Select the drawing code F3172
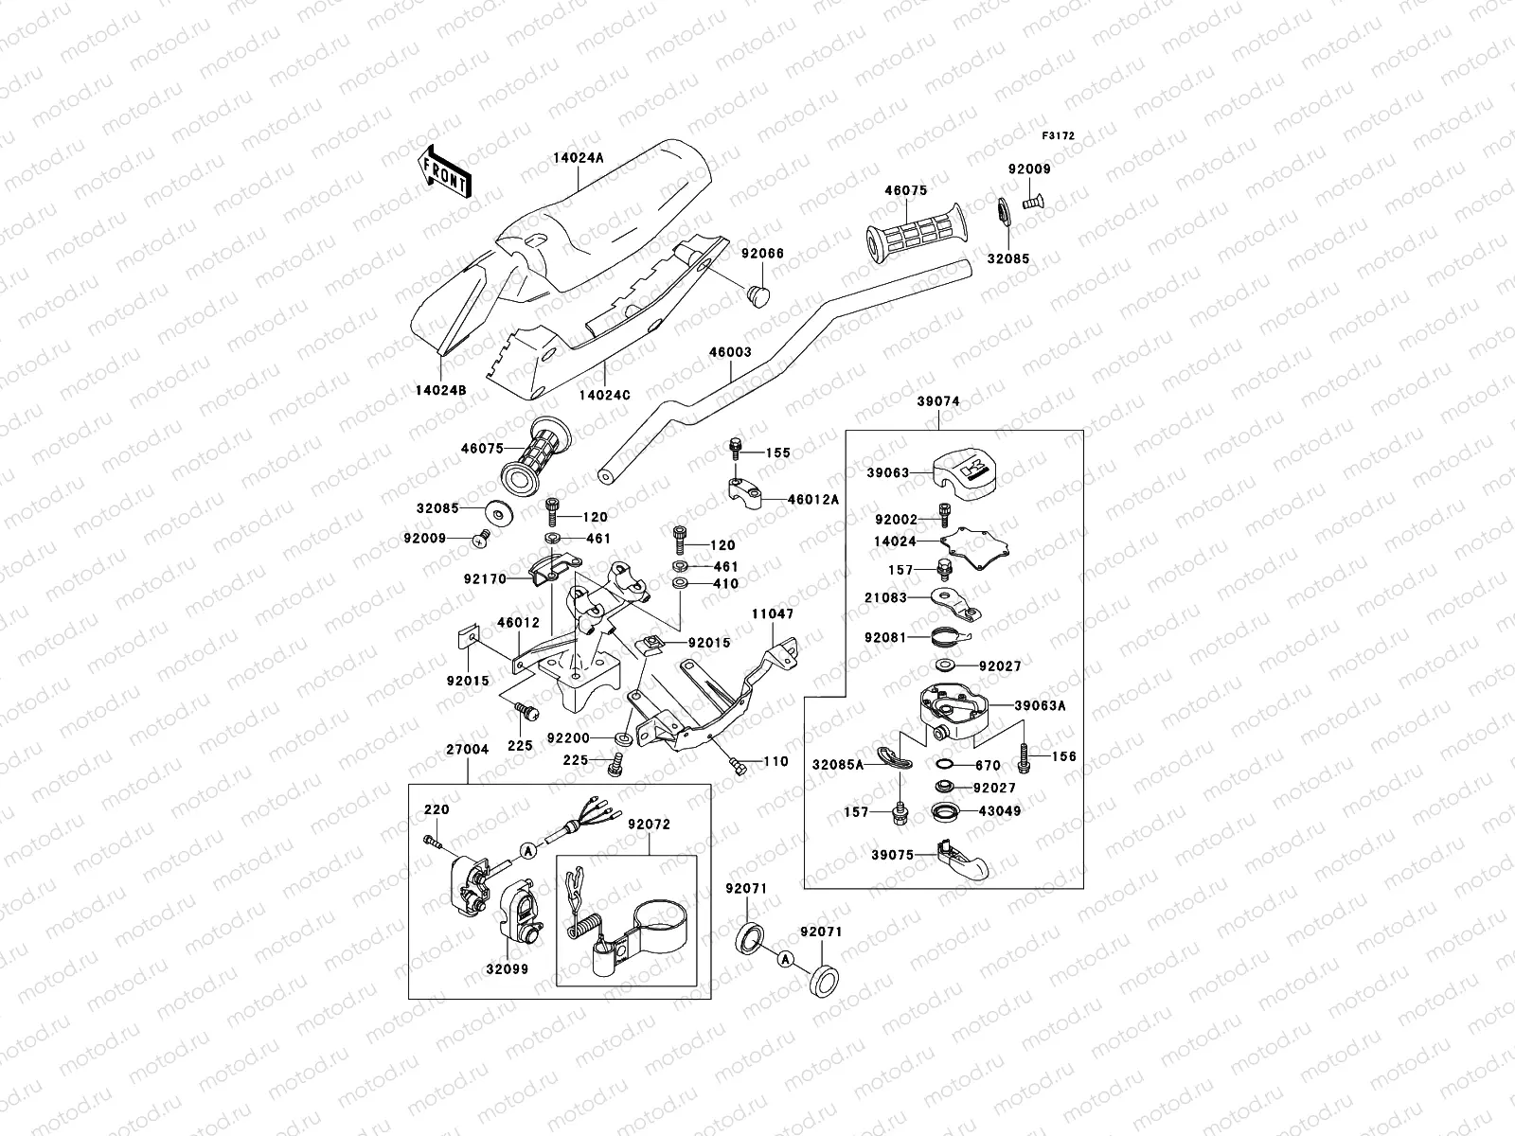1059,136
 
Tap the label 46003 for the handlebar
729,353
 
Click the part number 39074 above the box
937,401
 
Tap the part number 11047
773,614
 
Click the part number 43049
999,811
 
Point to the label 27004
467,749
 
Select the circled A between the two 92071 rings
784,959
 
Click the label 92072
649,825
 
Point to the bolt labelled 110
739,764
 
